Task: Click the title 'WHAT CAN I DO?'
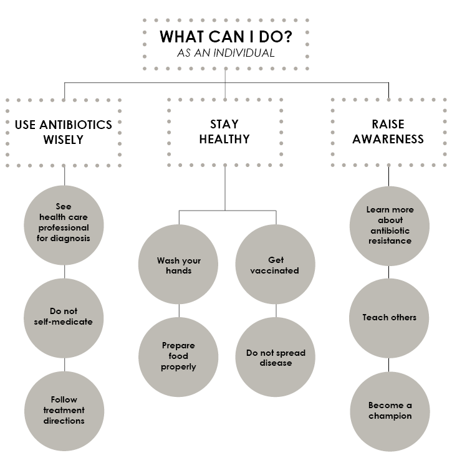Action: click(225, 36)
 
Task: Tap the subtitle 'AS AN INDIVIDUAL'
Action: click(225, 53)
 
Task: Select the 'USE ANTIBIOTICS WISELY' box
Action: click(64, 131)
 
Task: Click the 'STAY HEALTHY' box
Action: click(224, 131)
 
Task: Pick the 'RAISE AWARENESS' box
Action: click(388, 131)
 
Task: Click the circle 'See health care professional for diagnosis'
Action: click(64, 223)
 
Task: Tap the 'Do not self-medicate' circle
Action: click(64, 317)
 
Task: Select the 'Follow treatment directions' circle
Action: click(64, 410)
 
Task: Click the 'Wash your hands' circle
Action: click(179, 265)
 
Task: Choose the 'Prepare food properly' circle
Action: click(179, 356)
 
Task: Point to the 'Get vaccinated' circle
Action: click(276, 265)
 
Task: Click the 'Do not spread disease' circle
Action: click(276, 358)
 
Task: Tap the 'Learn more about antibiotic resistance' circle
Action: click(390, 225)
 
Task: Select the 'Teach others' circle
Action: click(390, 318)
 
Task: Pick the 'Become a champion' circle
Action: click(390, 410)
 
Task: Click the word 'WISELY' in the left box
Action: click(64, 140)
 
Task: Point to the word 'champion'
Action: click(390, 416)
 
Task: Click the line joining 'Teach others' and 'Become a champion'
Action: click(390, 364)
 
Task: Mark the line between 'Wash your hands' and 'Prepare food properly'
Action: click(179, 310)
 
